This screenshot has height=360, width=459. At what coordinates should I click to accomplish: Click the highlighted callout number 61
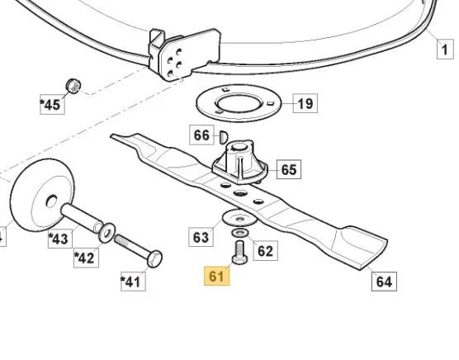point(216,276)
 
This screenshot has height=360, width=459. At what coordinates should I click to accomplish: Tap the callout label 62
point(265,251)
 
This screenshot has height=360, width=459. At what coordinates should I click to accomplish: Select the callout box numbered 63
point(201,237)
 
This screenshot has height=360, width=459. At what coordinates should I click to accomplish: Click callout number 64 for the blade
point(384,282)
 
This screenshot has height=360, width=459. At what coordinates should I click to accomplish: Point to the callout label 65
point(289,169)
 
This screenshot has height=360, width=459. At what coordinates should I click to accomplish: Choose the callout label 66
point(201,135)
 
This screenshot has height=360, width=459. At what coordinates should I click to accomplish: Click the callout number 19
point(305,103)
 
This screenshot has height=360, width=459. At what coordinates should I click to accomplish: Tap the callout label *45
point(52,105)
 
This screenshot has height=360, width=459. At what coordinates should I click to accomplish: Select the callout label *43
point(60,239)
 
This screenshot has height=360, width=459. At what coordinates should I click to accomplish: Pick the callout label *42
point(86,258)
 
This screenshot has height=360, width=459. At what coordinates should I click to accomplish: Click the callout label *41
point(133,282)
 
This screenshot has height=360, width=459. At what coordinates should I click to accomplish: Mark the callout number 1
point(445,50)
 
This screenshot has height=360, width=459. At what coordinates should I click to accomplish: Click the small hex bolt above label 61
point(239,252)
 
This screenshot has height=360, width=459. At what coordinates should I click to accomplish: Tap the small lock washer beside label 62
point(240,233)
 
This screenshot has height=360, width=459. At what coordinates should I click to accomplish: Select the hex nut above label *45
point(73,86)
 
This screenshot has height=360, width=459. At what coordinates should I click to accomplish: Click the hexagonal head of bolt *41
point(154,258)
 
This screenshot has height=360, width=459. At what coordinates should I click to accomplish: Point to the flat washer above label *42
point(106,233)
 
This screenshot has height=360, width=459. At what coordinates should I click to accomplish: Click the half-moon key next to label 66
point(224,137)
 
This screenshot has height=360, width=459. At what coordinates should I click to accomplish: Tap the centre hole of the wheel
point(51,201)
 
